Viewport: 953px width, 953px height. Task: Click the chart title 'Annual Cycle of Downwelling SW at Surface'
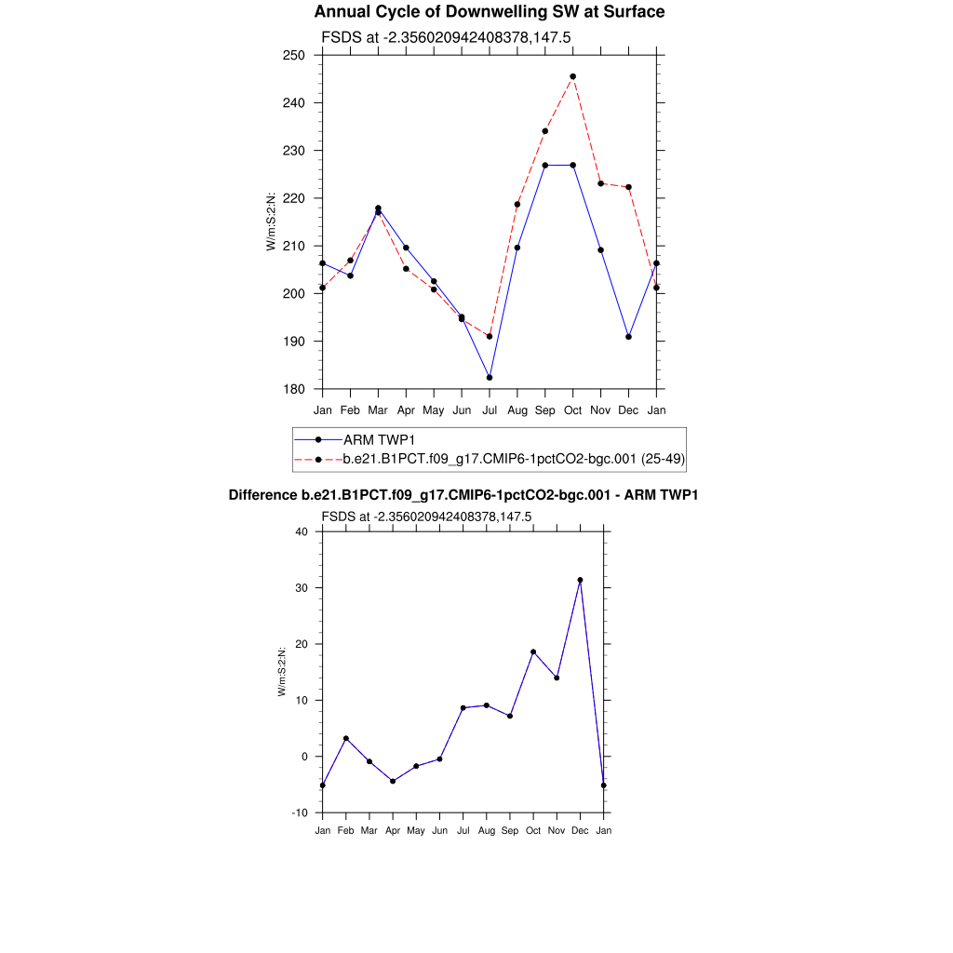490,12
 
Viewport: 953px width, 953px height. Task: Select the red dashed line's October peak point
573,76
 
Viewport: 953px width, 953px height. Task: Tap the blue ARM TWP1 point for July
490,377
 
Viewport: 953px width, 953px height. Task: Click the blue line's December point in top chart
629,337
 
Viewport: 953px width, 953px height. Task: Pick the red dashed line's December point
629,187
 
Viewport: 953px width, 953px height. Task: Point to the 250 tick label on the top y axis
296,55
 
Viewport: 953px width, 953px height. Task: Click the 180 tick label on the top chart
296,389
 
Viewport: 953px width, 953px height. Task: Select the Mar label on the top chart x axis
378,410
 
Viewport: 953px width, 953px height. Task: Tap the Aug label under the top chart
517,410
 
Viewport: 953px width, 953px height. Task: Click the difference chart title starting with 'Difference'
463,496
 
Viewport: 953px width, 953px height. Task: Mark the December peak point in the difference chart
580,580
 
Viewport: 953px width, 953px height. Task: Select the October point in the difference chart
533,651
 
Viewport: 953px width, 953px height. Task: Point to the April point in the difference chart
393,781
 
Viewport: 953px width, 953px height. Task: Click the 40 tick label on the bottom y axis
301,531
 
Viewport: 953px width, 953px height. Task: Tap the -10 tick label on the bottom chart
299,812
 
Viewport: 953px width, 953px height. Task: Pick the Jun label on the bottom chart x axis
439,830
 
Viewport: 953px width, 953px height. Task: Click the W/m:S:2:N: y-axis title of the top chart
271,221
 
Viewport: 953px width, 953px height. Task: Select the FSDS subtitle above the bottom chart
426,517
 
